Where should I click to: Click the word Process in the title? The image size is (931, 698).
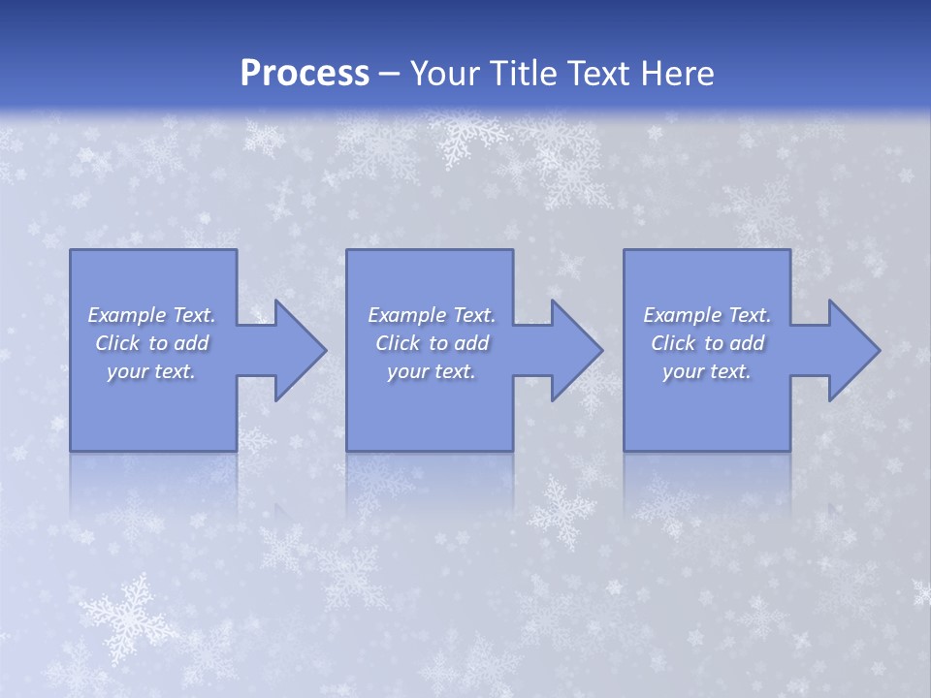[x=305, y=74]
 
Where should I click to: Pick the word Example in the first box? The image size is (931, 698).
[x=127, y=315]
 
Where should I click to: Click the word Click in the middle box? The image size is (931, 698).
[x=399, y=343]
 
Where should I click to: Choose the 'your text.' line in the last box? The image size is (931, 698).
[x=707, y=371]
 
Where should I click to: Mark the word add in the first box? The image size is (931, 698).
[x=191, y=343]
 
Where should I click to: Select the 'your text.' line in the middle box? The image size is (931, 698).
[x=432, y=371]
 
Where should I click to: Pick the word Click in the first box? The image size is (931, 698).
[x=118, y=343]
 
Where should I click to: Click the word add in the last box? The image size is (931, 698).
[x=747, y=343]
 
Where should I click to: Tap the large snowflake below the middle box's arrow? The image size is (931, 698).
[x=562, y=509]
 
